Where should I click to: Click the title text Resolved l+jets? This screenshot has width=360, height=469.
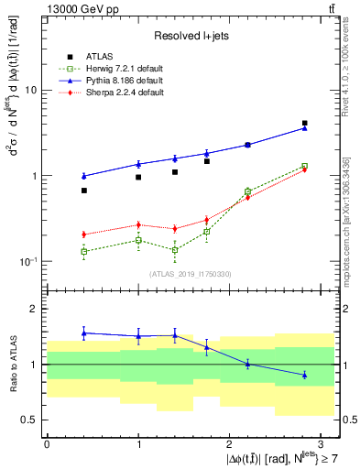coord(193,36)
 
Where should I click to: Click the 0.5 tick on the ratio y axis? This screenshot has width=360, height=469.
coord(29,420)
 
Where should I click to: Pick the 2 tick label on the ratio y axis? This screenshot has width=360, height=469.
coord(35,309)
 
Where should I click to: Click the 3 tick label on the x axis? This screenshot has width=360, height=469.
coord(322,443)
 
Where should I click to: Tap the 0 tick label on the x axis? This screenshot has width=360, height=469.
coord(47,443)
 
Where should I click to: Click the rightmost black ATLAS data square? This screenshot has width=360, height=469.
coord(304,123)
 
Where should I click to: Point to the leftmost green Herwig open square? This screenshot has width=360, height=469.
coord(83,251)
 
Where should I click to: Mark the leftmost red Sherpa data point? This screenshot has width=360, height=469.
coord(83,234)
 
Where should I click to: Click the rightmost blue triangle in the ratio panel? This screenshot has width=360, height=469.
coord(304,375)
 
